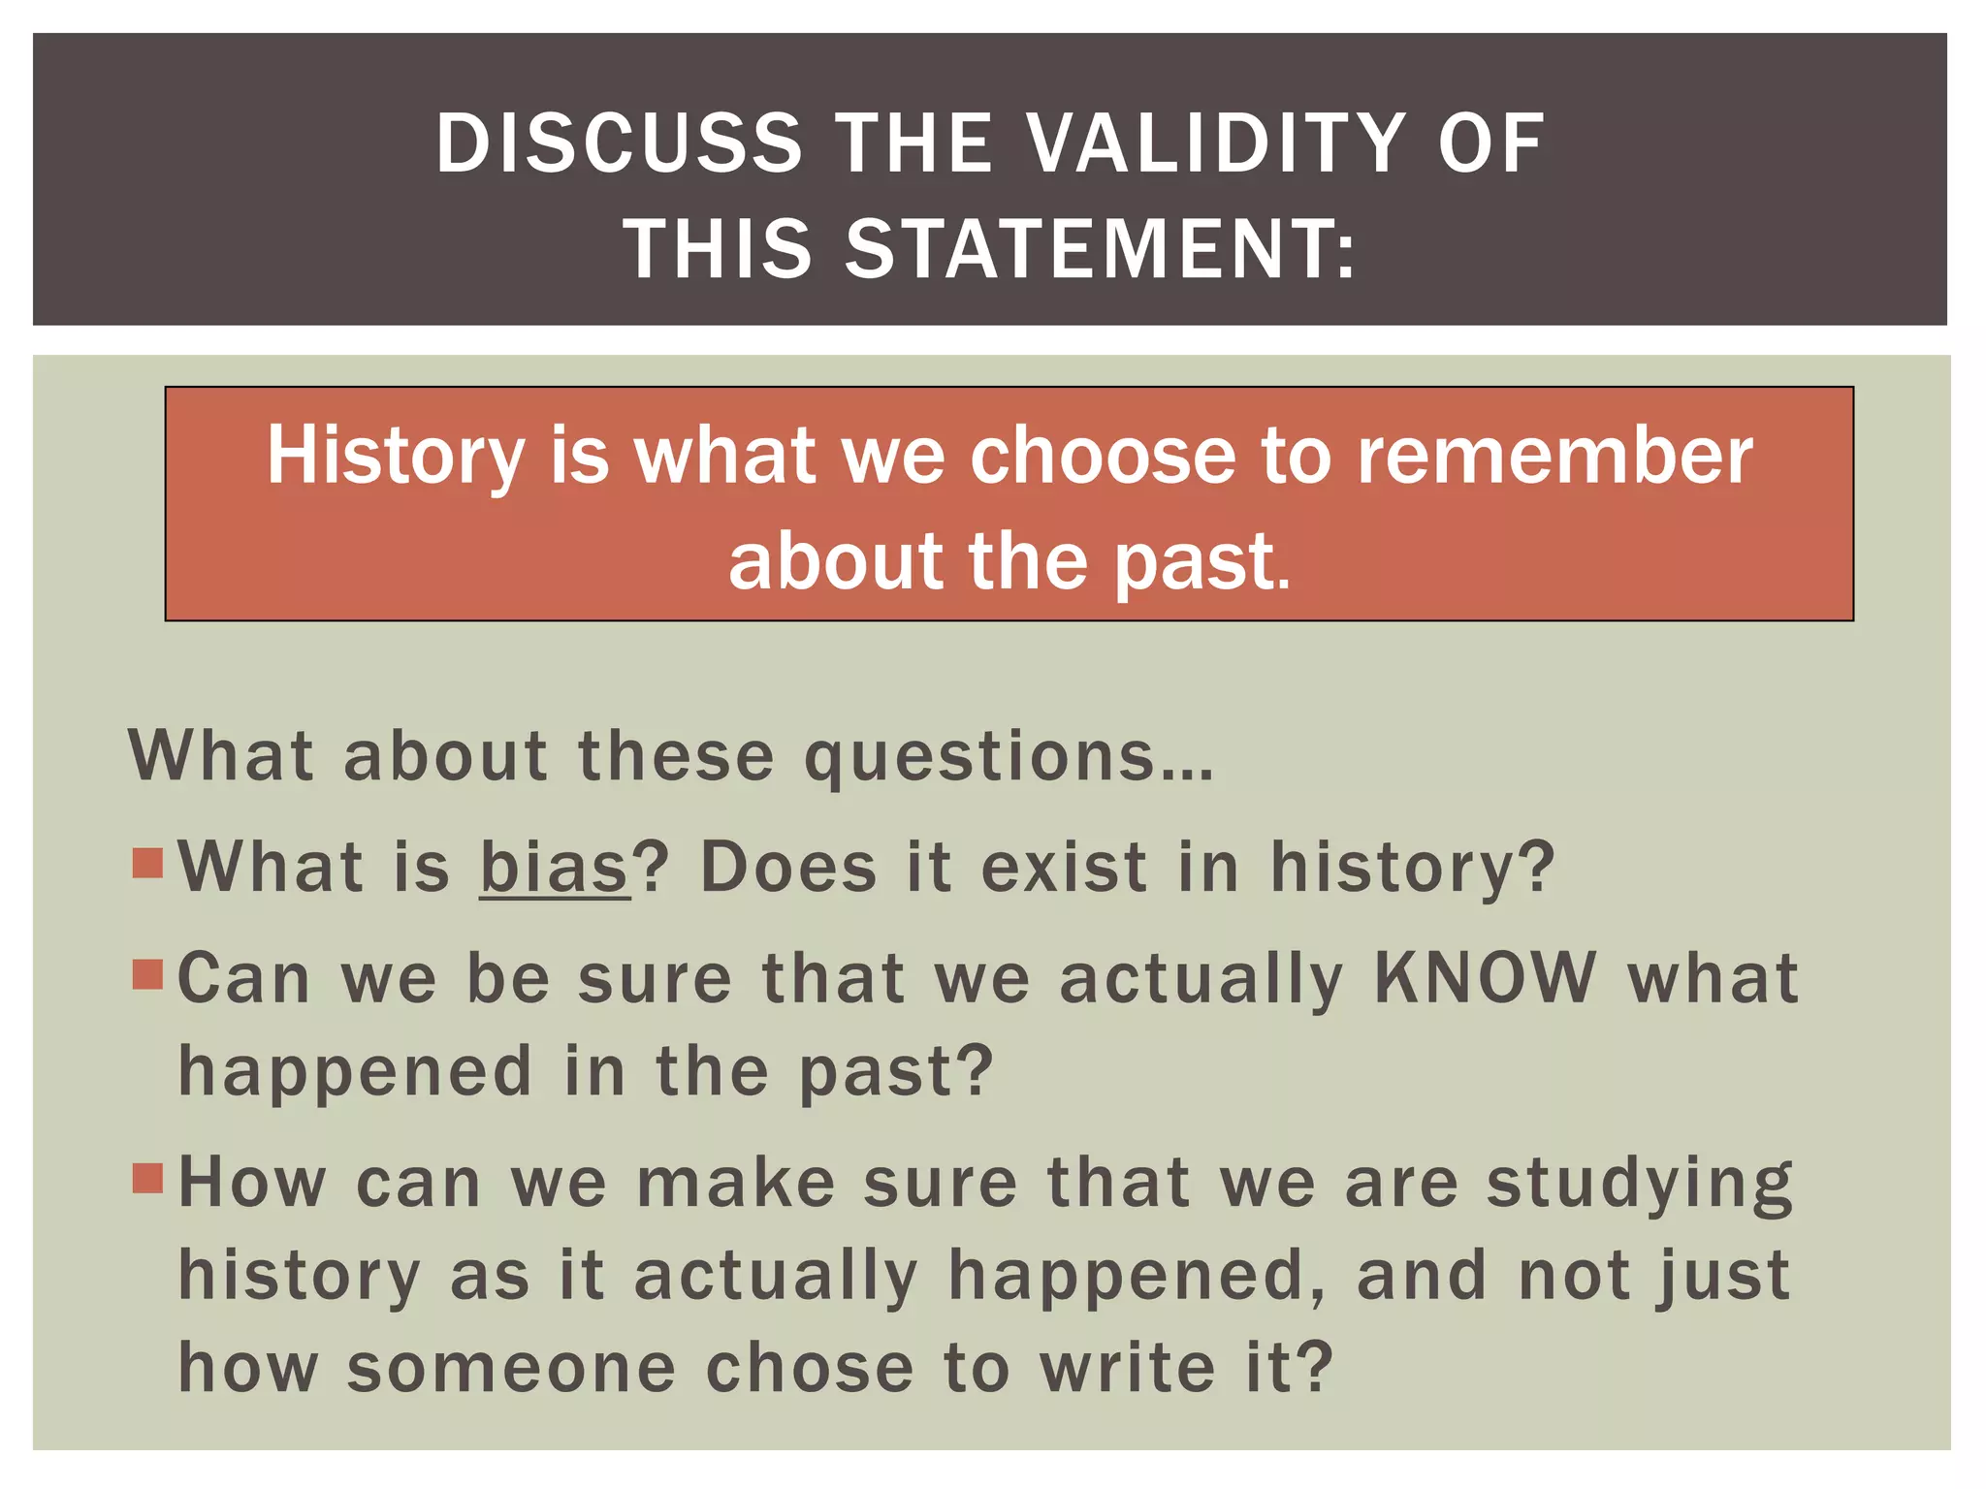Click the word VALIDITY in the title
(1216, 143)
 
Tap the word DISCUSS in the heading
(619, 143)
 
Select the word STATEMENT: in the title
(1101, 249)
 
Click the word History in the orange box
(396, 456)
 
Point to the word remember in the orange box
(1554, 456)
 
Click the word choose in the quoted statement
(1103, 456)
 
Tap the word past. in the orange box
(1202, 562)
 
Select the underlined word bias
(555, 867)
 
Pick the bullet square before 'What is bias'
(148, 862)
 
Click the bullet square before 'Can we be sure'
(148, 973)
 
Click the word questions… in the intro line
(1009, 757)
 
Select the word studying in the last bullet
(1640, 1184)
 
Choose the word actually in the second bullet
(1201, 979)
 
